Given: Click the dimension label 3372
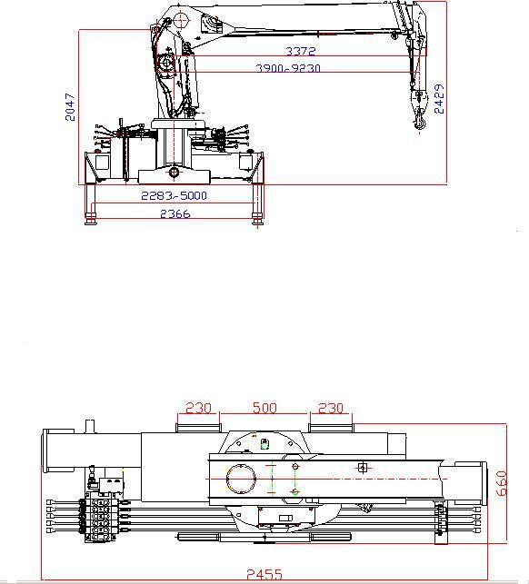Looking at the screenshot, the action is (301, 51).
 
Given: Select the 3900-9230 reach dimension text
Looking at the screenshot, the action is (288, 68).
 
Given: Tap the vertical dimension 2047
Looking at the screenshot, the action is (70, 107).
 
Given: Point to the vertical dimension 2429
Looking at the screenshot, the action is (440, 99).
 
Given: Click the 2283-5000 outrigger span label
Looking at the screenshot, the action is (174, 195).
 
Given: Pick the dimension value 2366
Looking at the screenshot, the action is (175, 213).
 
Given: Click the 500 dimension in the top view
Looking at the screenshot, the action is (264, 408).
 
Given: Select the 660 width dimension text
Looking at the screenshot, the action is (502, 483).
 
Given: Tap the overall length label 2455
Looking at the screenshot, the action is (264, 574).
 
